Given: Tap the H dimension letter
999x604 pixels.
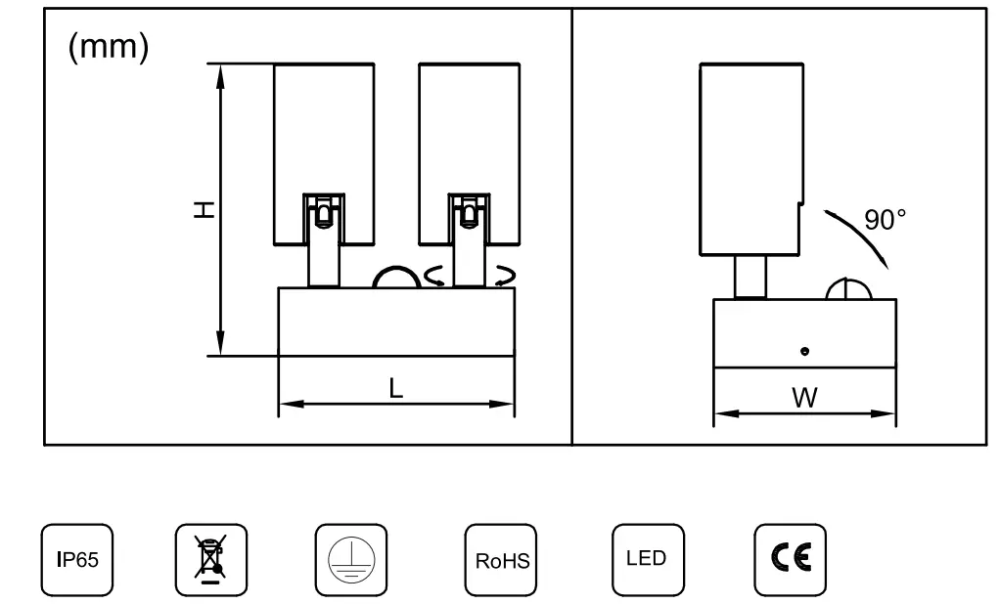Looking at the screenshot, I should pos(203,209).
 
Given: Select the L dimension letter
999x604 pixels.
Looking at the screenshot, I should pos(396,387).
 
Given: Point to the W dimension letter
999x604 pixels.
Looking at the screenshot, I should pos(805,398).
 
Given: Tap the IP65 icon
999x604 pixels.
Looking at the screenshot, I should pos(75,560).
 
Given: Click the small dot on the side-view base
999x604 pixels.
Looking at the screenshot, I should pos(804,350).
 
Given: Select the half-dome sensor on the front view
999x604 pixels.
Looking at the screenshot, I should pos(397,278).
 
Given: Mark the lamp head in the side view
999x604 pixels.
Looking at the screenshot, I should pos(750,156).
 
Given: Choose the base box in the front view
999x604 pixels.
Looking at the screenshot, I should pos(396,323).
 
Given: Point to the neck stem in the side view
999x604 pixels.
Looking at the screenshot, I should pos(750,277).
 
